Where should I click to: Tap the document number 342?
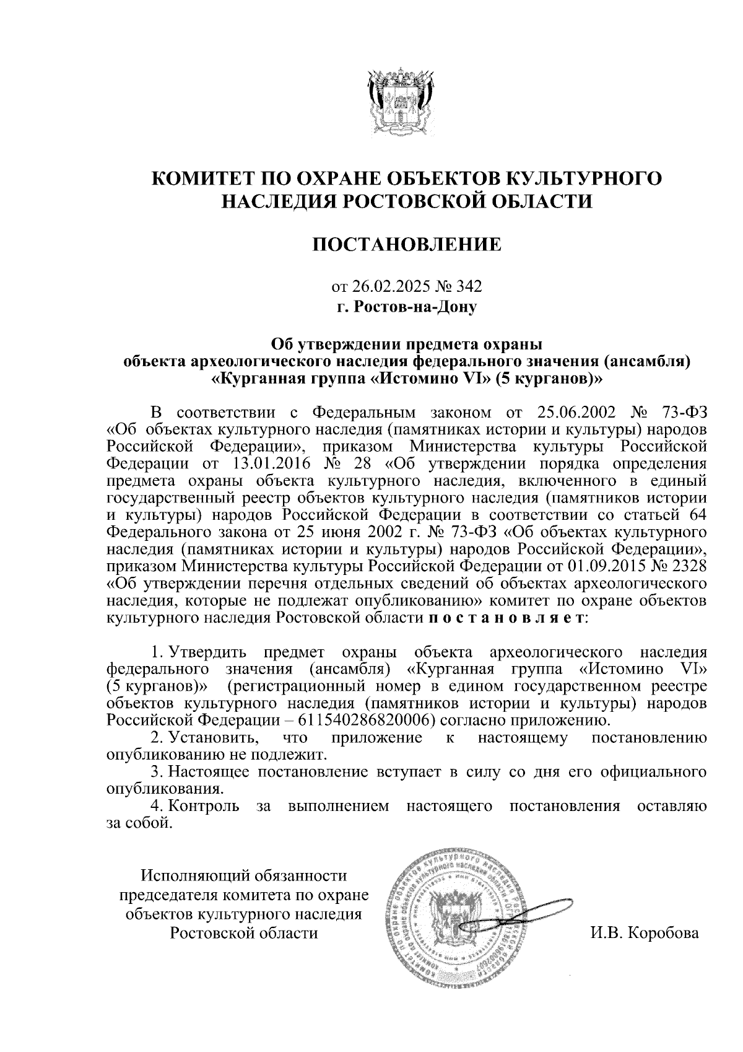coord(469,287)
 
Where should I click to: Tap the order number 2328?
coord(685,566)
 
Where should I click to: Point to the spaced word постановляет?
coord(506,618)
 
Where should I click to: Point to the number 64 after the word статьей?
coord(694,515)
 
